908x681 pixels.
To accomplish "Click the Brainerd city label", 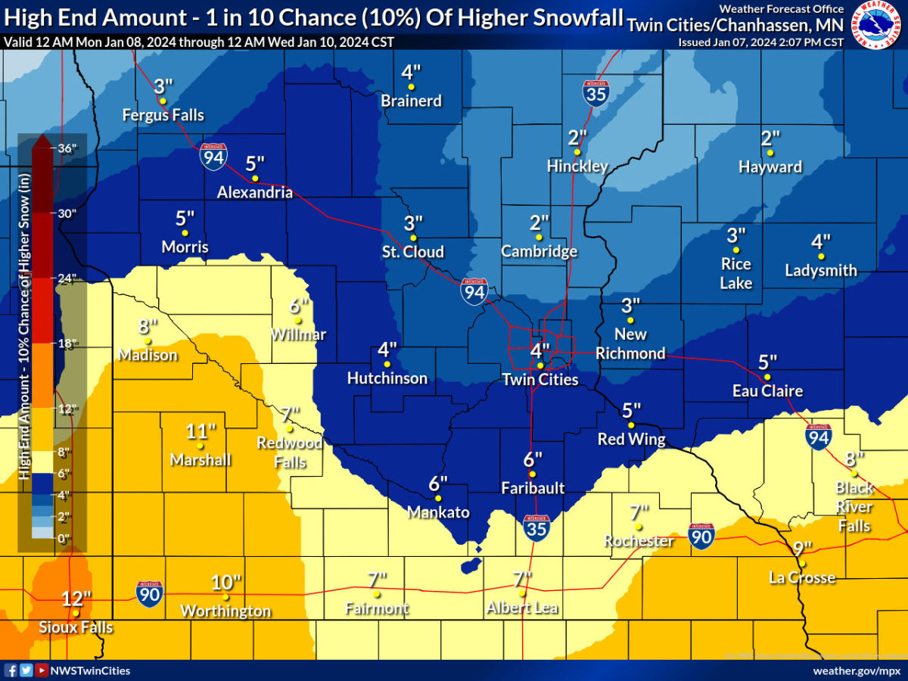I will tap(411, 101).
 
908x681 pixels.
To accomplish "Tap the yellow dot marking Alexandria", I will tap(255, 179).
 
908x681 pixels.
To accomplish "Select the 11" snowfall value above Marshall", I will tap(201, 432).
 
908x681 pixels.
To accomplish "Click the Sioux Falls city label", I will tap(76, 627).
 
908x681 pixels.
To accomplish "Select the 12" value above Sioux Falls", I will tap(76, 599).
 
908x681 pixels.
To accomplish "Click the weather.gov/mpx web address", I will tap(856, 670).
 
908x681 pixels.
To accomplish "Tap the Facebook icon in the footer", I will tap(11, 670).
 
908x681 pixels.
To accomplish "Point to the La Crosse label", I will tap(802, 578).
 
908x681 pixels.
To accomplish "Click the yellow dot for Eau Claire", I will tap(767, 377).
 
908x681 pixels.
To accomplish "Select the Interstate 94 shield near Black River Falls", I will tap(819, 437).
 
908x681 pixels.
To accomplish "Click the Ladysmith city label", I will tap(821, 270).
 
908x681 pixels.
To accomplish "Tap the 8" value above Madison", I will tap(148, 327).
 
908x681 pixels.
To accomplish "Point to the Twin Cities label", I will tap(540, 379).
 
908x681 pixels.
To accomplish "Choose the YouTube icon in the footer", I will tap(40, 670).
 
